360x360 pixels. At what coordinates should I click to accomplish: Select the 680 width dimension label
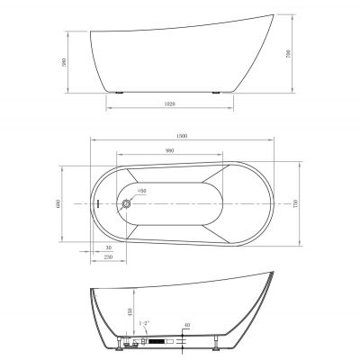tap(64, 204)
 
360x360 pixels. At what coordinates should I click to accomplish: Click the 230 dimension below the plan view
tap(107, 257)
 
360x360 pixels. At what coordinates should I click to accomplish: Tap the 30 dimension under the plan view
tap(108, 247)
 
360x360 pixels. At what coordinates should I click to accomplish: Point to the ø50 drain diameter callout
tap(141, 192)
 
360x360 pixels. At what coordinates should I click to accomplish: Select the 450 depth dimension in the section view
tap(129, 312)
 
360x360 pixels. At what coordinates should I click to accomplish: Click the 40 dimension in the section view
tap(186, 325)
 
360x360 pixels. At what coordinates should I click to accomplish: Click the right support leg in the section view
tap(217, 343)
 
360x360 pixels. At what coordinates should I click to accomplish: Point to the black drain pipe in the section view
tap(155, 342)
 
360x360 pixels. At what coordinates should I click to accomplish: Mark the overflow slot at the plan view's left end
tap(94, 204)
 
